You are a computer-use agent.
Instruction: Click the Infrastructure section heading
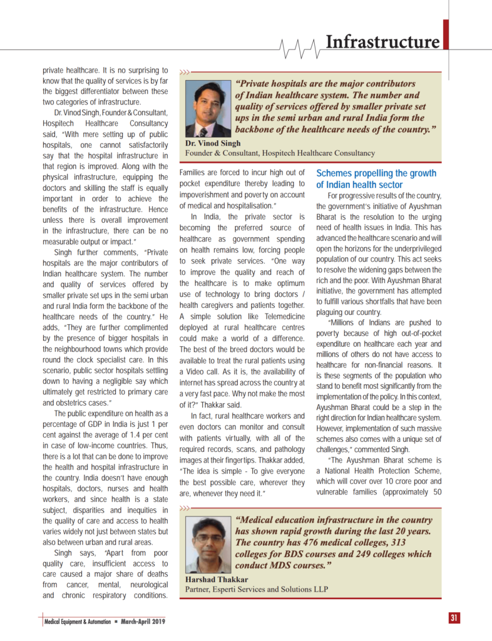tap(382, 43)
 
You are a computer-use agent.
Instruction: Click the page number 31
tap(454, 618)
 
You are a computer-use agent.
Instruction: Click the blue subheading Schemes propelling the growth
tap(376, 173)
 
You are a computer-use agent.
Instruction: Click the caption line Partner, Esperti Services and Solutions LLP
tap(257, 589)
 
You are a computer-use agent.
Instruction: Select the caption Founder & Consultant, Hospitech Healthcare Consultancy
tap(280, 153)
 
